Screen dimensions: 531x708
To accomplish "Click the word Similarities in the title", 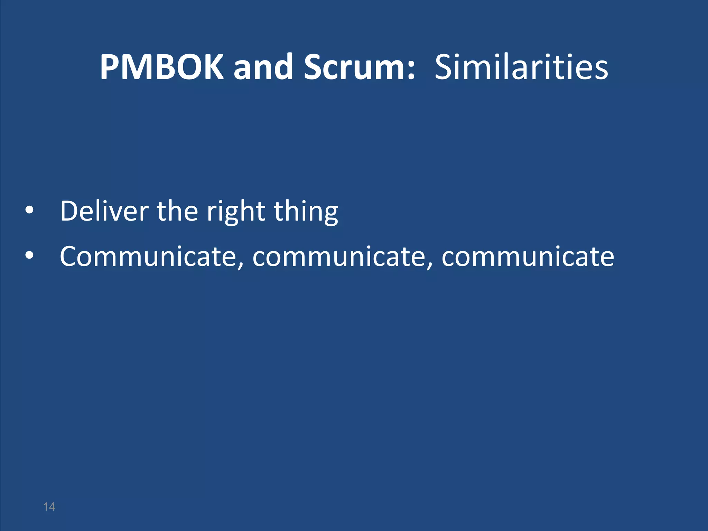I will pos(521,67).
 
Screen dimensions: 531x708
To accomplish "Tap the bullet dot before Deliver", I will pos(30,210).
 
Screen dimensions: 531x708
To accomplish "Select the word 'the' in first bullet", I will pos(177,211).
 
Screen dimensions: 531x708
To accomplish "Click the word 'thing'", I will pos(306,212).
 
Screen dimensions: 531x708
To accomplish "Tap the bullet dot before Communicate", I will pos(30,255).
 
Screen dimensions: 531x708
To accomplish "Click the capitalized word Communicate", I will pos(148,257).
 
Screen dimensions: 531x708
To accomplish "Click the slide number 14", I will pos(49,507).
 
